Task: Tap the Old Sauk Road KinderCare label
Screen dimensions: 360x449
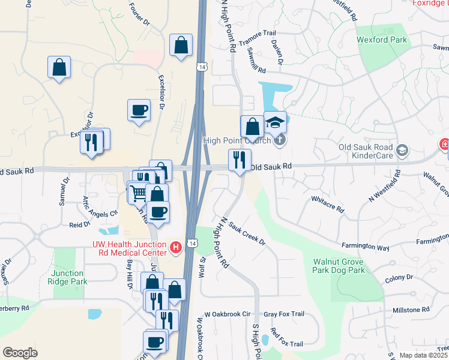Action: click(366, 152)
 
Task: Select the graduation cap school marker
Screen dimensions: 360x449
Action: click(275, 122)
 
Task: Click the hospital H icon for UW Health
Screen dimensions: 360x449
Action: click(176, 247)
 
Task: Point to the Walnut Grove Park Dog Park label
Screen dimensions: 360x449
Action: click(339, 266)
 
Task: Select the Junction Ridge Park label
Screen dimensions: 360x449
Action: click(69, 277)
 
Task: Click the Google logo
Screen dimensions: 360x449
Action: click(20, 353)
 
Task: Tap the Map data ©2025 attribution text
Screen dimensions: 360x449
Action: click(423, 355)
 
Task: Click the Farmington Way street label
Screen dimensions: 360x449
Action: click(366, 247)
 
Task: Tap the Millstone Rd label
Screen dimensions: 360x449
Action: click(410, 310)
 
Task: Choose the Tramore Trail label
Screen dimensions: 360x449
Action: click(257, 38)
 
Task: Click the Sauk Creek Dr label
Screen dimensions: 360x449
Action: click(246, 232)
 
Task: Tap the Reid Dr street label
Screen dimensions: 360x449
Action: click(79, 224)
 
